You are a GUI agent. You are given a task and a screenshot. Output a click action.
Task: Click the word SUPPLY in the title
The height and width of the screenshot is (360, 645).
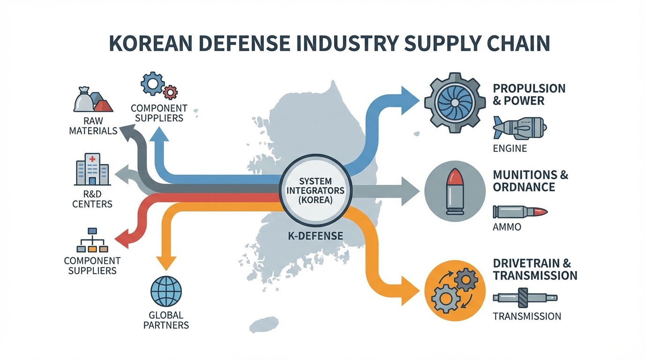point(431,44)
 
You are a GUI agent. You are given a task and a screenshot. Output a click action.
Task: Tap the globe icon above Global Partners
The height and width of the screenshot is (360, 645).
point(166,292)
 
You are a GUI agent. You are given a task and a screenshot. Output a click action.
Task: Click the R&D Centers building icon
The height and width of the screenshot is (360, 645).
point(92,169)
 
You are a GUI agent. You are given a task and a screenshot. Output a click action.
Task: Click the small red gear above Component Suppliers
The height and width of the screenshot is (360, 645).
point(170,92)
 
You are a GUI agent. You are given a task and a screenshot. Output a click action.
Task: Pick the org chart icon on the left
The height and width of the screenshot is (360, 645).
point(92,240)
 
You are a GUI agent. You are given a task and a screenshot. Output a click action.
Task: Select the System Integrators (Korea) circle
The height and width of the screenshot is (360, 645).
point(315,191)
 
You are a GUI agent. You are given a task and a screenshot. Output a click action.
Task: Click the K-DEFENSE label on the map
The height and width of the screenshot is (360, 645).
point(315,236)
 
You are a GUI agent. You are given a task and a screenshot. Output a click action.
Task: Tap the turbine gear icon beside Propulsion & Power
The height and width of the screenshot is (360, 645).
point(455,103)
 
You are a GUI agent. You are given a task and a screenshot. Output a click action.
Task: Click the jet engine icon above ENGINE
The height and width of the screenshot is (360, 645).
point(519,128)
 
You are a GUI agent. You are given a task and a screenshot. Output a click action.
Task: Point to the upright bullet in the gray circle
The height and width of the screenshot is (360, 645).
point(455,192)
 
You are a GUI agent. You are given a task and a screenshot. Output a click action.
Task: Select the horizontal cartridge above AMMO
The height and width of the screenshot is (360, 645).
point(520,212)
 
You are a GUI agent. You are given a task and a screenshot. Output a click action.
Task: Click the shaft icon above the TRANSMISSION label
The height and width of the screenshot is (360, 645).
point(525,298)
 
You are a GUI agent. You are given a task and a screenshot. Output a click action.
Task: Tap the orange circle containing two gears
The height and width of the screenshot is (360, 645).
point(455,291)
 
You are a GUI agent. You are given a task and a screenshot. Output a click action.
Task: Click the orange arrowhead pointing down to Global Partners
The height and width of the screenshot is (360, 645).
point(166,262)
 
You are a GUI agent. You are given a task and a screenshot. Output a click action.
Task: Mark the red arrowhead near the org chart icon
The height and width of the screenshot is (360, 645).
point(122,239)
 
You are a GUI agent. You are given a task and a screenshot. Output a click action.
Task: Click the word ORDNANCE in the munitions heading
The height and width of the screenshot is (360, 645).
point(524,187)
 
